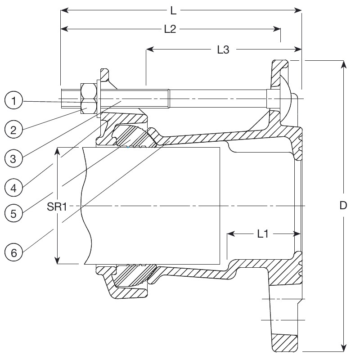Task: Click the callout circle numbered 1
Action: point(14,101)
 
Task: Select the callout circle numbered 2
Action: point(14,130)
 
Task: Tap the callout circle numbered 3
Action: point(14,158)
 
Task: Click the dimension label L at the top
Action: point(174,9)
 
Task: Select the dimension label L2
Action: point(170,29)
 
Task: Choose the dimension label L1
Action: point(263,234)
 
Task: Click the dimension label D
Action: point(343,206)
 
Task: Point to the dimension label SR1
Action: point(57,207)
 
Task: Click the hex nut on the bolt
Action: point(89,99)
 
